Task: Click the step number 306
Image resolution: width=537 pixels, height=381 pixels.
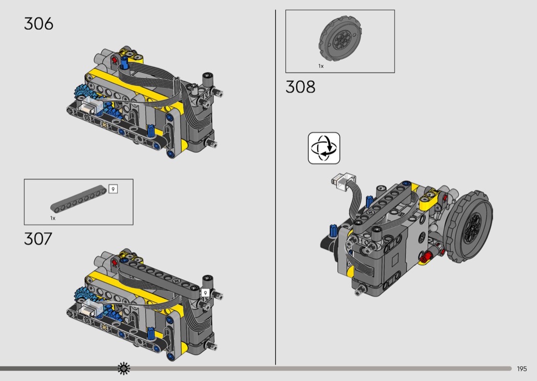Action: click(x=39, y=24)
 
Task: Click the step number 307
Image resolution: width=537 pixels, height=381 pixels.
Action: click(x=38, y=239)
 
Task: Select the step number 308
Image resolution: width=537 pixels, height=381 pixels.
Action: click(x=300, y=87)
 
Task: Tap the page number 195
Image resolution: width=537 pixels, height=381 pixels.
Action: click(x=522, y=369)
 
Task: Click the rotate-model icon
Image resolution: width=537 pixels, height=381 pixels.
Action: click(x=324, y=148)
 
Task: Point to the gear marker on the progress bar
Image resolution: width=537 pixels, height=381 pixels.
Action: click(x=124, y=368)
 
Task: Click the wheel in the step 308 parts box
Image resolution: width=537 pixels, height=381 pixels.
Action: click(x=341, y=40)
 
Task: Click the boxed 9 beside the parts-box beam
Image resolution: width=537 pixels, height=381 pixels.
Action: click(x=113, y=189)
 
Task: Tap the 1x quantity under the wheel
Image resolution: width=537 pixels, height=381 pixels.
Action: click(x=321, y=66)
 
